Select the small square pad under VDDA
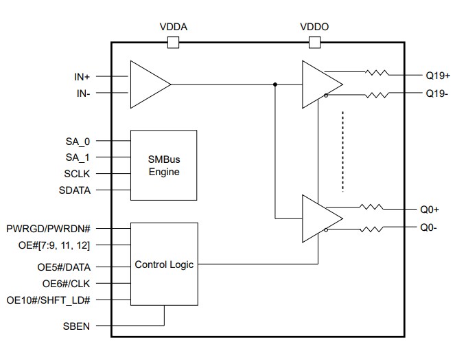point(173,43)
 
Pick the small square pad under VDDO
point(315,43)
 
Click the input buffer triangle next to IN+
point(148,85)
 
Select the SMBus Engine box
point(163,165)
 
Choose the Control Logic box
point(164,264)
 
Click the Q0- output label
point(429,227)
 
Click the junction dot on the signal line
point(275,85)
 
